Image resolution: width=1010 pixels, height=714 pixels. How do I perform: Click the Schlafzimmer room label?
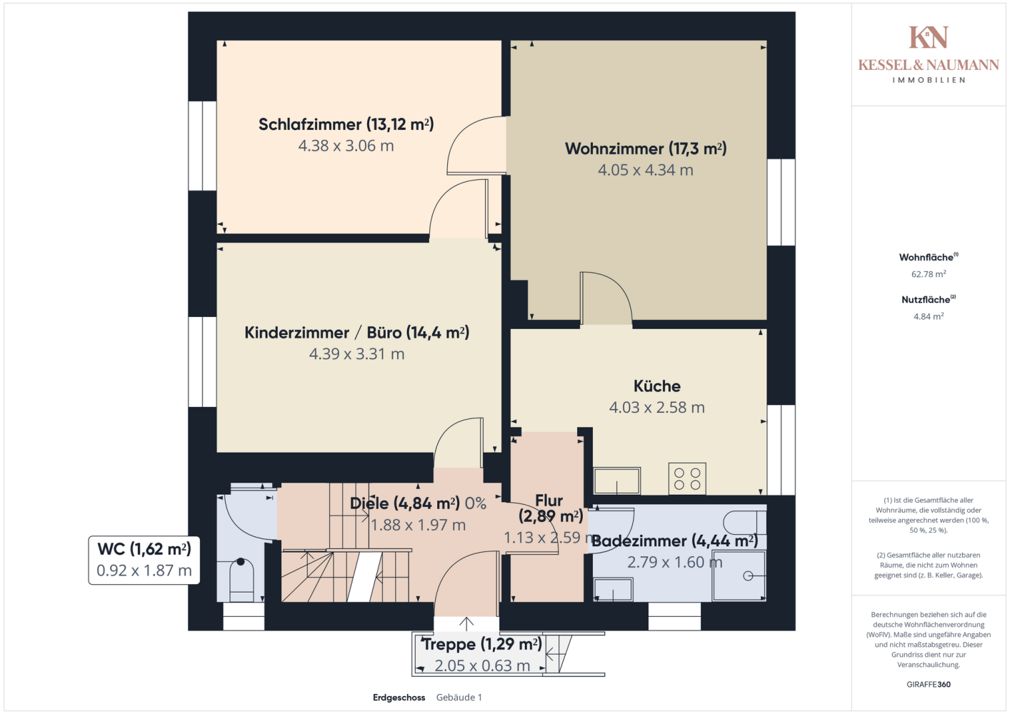pos(346,124)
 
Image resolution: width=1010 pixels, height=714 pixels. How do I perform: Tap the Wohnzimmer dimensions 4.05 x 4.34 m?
pos(646,170)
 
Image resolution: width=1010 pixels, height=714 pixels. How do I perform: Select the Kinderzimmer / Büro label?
pos(356,333)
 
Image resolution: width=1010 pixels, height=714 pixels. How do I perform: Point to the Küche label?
pos(657,386)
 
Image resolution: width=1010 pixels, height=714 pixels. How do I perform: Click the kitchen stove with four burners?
pos(687,478)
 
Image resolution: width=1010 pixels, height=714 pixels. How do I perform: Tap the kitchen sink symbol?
pos(617,481)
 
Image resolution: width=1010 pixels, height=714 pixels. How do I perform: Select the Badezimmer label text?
pos(674,540)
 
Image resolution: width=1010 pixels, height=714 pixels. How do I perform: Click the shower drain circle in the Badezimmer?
pos(748,575)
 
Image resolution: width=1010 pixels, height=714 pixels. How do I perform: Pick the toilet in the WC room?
pos(241,580)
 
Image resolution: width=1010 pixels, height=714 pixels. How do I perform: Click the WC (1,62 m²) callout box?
pos(144,560)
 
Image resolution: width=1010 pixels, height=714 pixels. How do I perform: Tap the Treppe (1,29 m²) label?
pos(481,644)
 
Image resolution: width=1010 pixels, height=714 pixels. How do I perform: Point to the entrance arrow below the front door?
pos(466,624)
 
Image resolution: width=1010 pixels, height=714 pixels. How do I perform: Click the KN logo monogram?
pos(928,37)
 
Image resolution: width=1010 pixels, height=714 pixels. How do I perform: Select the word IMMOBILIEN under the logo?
pos(929,80)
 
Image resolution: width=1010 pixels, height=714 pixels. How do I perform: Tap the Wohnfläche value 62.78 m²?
pos(929,274)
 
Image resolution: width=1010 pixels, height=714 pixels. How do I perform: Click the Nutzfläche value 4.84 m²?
pos(929,316)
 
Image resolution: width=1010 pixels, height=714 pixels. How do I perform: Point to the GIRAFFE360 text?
pos(929,684)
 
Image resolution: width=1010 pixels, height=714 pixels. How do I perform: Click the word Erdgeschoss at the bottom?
pos(399,698)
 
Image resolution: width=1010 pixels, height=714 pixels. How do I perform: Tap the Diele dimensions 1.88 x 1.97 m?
pos(418,525)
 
